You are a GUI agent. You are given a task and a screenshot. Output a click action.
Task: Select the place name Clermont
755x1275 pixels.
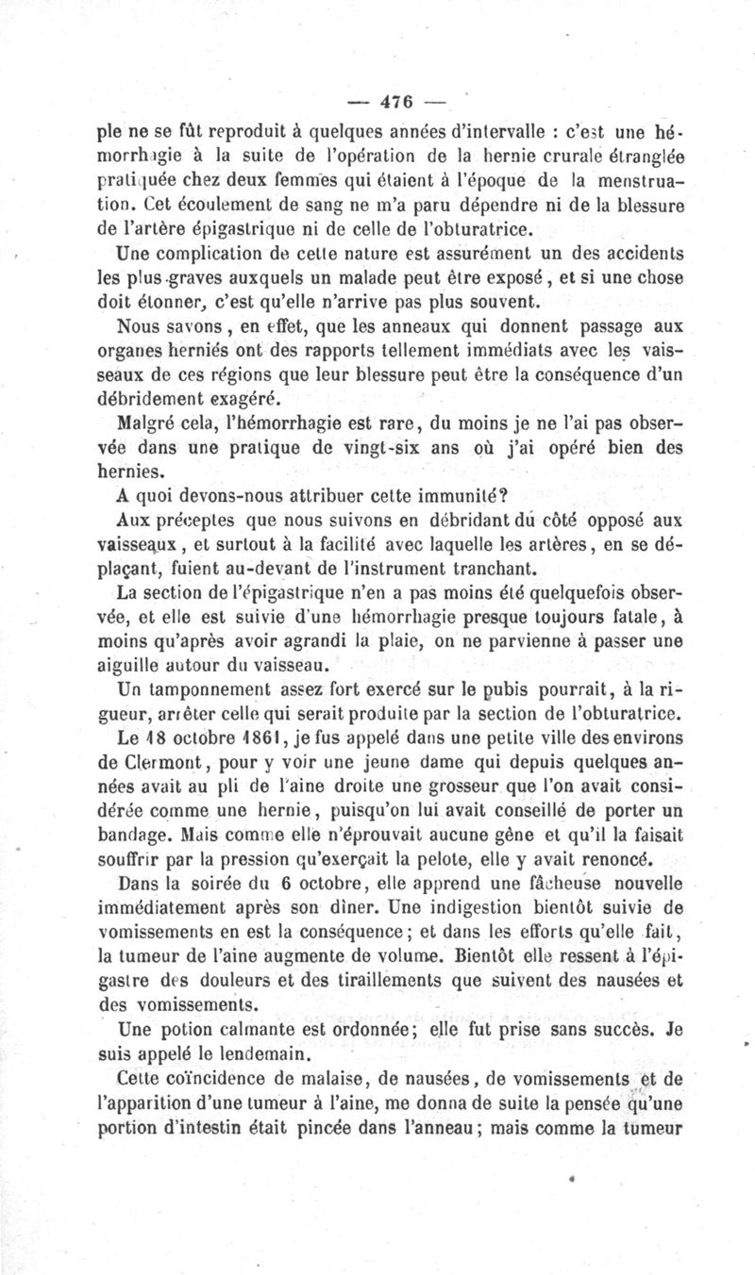point(159,763)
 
